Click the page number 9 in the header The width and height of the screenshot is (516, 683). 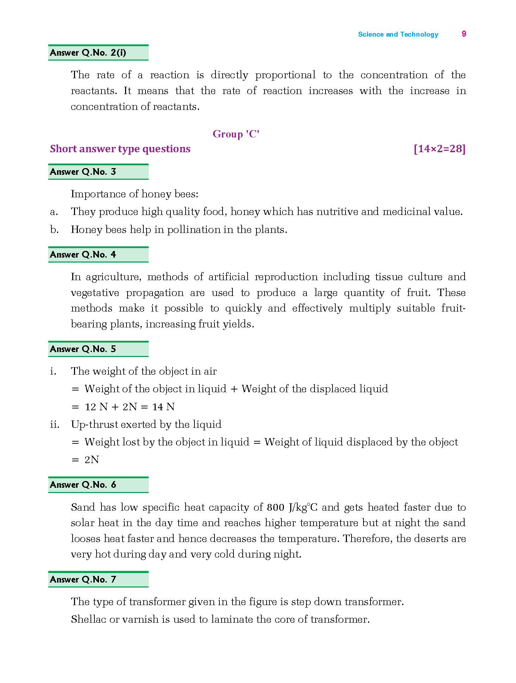464,34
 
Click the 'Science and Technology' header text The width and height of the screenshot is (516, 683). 398,35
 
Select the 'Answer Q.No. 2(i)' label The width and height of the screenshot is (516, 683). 88,53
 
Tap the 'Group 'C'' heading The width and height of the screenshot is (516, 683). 236,134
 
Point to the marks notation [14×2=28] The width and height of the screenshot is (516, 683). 440,149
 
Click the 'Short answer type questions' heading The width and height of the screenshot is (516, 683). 120,149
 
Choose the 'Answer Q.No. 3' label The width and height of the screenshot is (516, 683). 83,172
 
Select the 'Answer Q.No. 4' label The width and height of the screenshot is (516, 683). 83,255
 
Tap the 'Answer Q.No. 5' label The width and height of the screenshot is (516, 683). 83,349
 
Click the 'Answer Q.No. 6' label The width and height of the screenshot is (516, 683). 83,485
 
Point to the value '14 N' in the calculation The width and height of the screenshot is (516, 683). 163,407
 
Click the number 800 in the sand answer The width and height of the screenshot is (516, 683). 276,507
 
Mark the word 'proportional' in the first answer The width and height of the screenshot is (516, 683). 285,75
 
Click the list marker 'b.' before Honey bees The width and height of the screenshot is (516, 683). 54,230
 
